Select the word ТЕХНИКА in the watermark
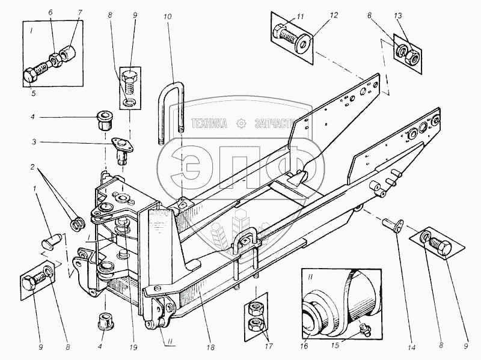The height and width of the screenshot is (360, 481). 207,124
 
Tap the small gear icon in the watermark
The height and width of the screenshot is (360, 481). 241,124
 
